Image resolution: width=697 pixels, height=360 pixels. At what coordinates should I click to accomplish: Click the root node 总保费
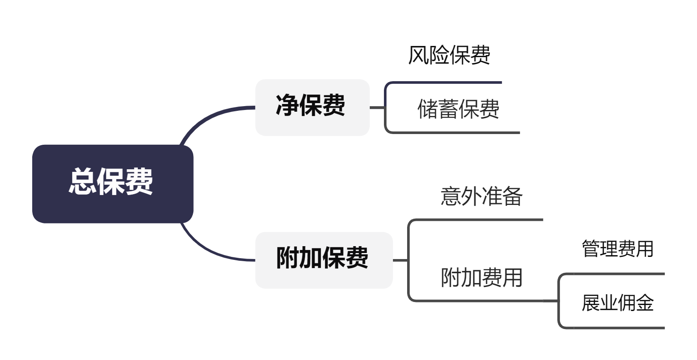(x=113, y=183)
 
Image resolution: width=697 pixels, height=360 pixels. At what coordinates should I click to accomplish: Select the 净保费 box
(x=312, y=107)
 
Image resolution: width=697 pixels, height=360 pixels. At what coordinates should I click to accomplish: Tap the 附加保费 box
(x=324, y=260)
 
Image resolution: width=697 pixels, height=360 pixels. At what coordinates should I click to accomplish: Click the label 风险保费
(x=449, y=55)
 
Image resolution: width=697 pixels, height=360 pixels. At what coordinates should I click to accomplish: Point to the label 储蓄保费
(x=458, y=109)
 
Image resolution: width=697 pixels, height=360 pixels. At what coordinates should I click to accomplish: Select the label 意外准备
(x=481, y=197)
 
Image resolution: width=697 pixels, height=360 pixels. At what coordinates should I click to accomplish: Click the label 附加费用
(x=481, y=278)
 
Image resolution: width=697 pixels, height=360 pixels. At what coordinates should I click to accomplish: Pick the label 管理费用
(x=617, y=249)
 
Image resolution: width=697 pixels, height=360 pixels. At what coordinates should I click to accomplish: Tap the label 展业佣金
(x=617, y=303)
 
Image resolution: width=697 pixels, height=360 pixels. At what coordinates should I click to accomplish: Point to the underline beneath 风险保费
(x=447, y=82)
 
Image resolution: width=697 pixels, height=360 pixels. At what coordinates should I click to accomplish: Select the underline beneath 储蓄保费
(x=455, y=133)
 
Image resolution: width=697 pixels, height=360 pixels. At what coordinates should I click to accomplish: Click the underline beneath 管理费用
(x=614, y=274)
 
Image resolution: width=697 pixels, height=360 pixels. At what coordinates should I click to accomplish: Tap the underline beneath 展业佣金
(x=614, y=328)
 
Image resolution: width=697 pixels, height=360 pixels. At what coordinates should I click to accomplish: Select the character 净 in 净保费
(x=287, y=105)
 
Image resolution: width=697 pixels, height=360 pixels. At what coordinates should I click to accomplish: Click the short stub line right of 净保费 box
(x=377, y=107)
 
